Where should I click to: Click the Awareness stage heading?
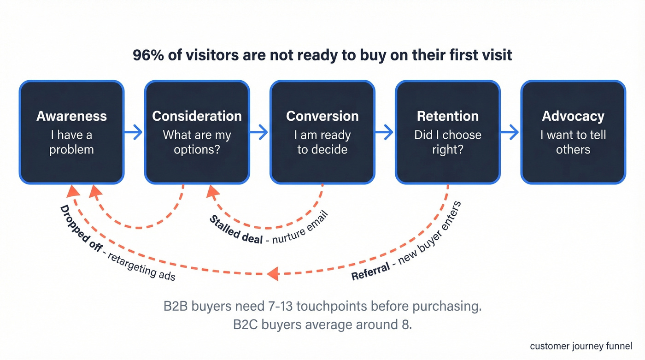[71, 116]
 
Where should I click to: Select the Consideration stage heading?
[197, 116]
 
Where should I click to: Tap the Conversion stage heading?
[322, 116]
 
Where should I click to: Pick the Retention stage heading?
[447, 116]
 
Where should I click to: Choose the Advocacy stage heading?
[573, 116]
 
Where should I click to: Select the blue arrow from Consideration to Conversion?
[259, 133]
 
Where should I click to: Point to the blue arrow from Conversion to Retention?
[385, 133]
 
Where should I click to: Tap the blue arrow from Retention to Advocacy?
[510, 133]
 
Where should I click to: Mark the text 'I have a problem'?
[71, 142]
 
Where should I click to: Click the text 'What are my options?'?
[197, 142]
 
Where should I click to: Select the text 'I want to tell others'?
[573, 142]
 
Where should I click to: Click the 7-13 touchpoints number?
[279, 307]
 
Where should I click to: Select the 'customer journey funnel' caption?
[581, 346]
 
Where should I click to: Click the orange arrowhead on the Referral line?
[273, 273]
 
